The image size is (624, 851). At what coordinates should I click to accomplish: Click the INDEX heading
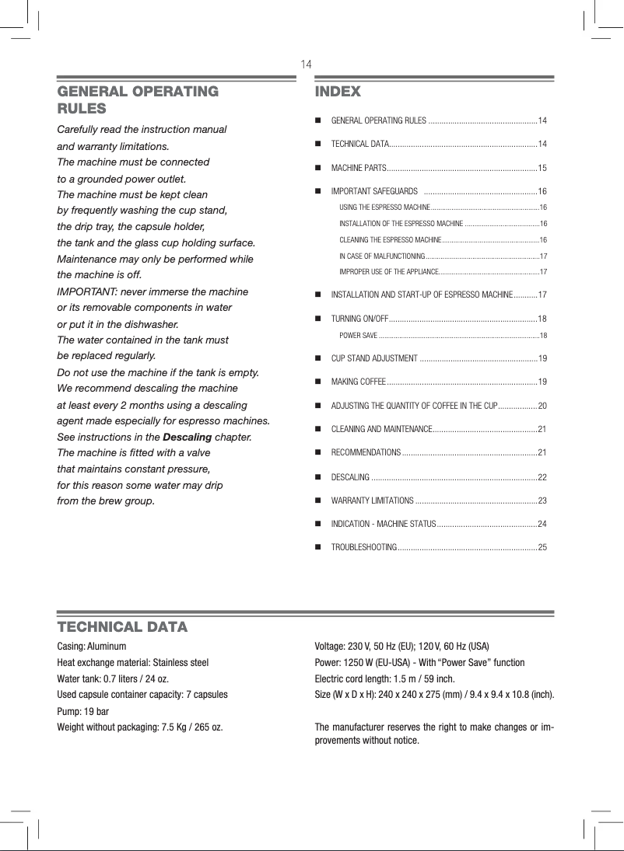(338, 92)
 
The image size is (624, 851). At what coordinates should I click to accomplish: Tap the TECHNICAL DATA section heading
(122, 626)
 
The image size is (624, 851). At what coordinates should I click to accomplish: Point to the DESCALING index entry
(350, 476)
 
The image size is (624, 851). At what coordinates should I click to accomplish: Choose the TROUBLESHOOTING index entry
(364, 548)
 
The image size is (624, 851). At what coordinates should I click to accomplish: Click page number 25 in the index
(542, 548)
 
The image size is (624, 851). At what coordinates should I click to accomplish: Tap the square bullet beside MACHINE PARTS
(318, 168)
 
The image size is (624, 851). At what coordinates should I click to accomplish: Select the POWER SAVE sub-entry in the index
(359, 335)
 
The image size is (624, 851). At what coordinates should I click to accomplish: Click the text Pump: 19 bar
(83, 711)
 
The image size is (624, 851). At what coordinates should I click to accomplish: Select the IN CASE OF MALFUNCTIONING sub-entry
(381, 256)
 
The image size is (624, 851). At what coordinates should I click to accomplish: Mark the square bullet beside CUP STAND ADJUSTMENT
(318, 358)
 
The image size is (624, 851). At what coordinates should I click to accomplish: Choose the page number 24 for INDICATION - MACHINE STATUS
(542, 524)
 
